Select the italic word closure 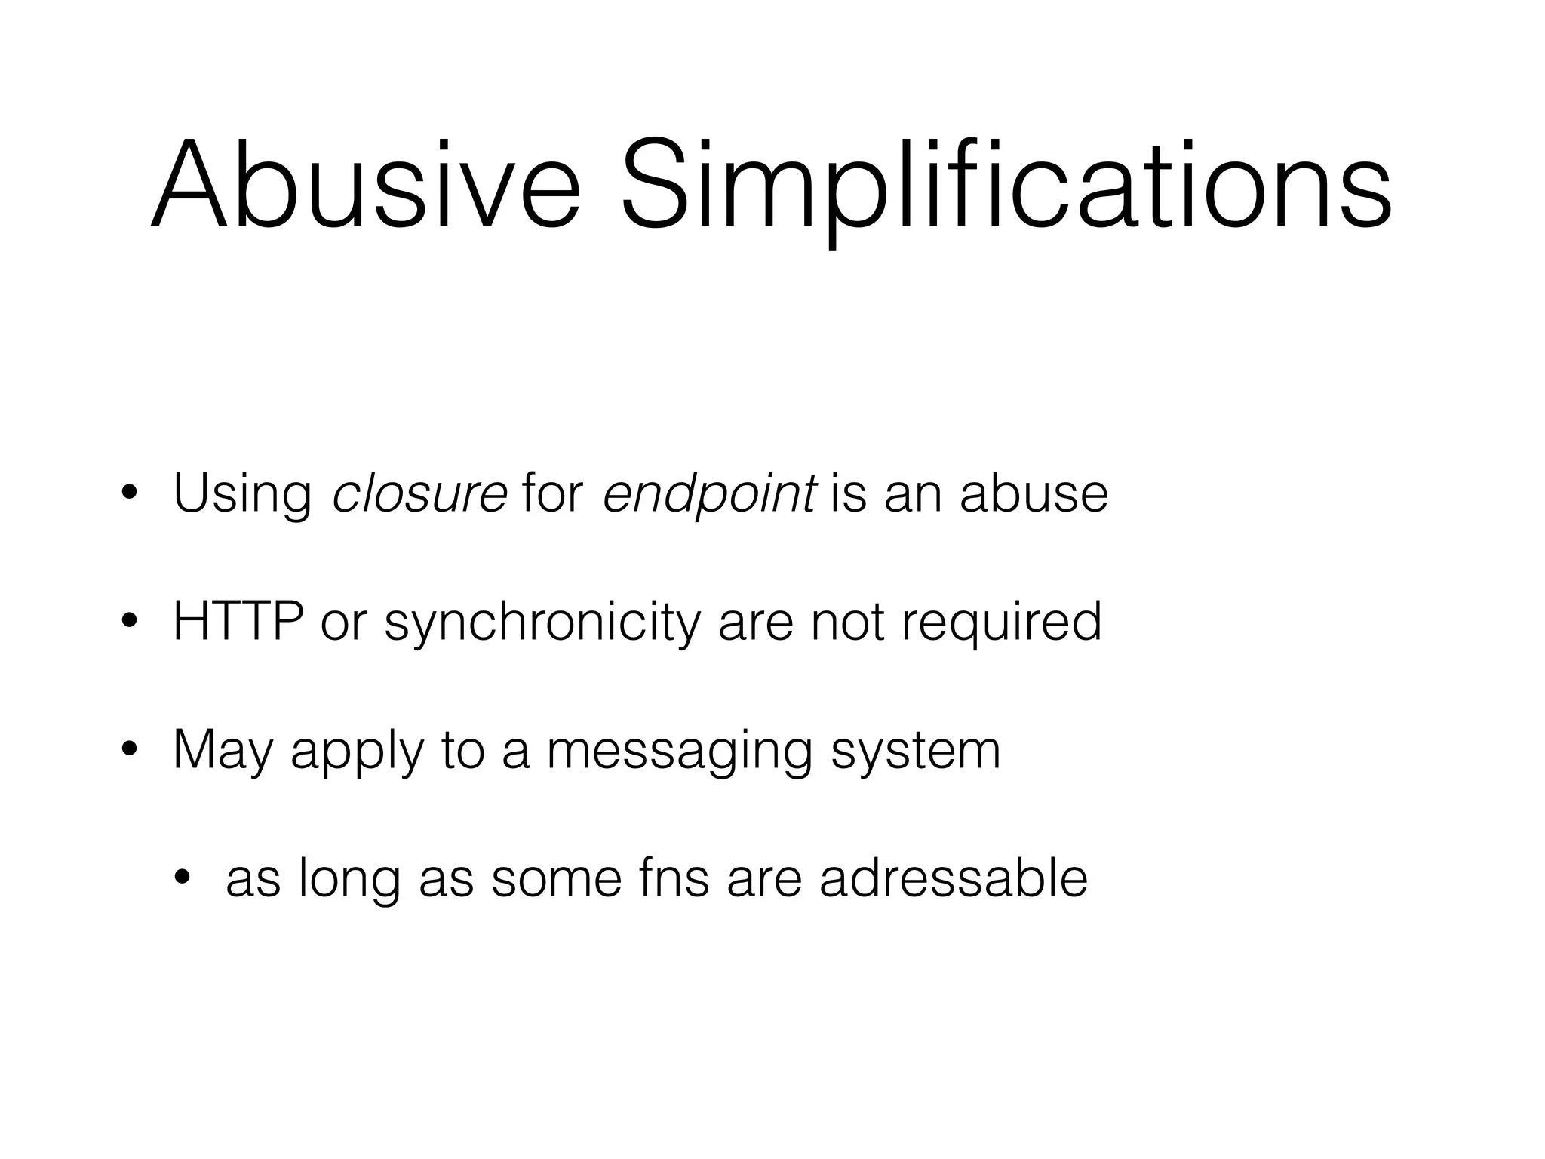pos(420,493)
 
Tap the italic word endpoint pos(709,495)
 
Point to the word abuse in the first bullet pos(1034,493)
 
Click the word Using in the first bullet pos(242,495)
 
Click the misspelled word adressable pos(954,878)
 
